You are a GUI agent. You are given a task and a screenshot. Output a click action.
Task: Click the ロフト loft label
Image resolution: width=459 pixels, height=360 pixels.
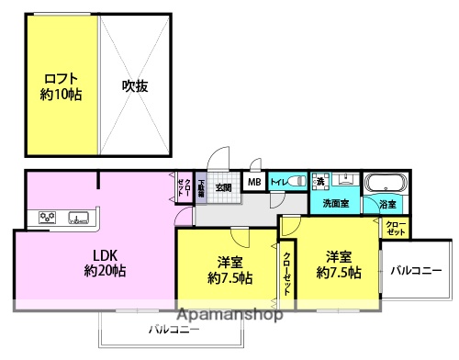[61, 78]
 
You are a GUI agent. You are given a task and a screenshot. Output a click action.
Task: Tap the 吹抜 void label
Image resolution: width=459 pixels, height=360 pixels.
[135, 86]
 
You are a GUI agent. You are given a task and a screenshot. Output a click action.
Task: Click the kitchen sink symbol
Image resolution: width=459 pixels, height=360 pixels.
[77, 219]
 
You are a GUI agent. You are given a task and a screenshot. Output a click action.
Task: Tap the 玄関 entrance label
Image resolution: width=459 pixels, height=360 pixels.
[223, 188]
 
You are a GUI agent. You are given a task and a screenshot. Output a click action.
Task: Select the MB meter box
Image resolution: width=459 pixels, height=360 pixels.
[253, 183]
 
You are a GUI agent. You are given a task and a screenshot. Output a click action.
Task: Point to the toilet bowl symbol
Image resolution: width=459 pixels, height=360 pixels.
[297, 182]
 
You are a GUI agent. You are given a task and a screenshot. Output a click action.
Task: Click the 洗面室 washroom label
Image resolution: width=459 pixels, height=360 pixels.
[331, 203]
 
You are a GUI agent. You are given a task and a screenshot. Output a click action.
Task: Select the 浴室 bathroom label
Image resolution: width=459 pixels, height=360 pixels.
[387, 204]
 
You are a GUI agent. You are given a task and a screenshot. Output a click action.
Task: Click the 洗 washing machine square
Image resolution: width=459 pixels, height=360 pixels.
[320, 181]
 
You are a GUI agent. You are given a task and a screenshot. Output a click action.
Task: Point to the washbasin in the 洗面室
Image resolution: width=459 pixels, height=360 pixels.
[346, 181]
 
